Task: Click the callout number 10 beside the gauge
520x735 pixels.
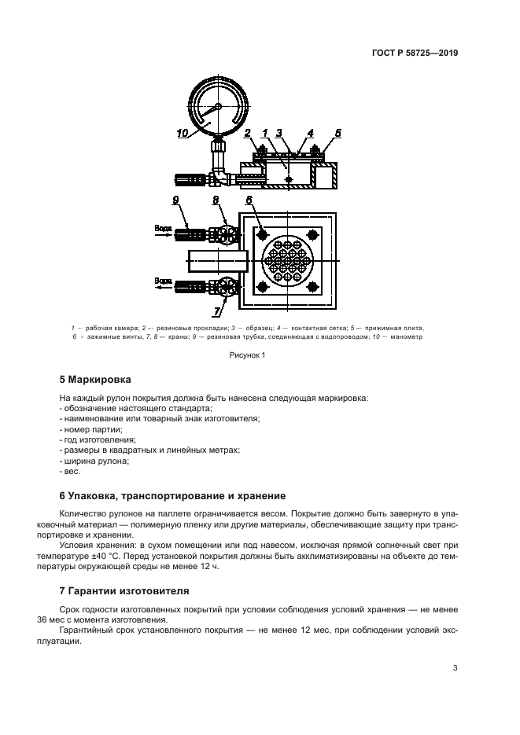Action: (x=183, y=134)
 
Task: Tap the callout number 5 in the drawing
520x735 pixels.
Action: (x=337, y=134)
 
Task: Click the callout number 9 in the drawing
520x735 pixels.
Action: (x=177, y=201)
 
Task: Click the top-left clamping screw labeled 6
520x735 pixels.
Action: (x=261, y=234)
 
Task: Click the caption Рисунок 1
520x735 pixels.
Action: (x=248, y=355)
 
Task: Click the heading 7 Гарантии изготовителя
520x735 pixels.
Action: (x=124, y=590)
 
